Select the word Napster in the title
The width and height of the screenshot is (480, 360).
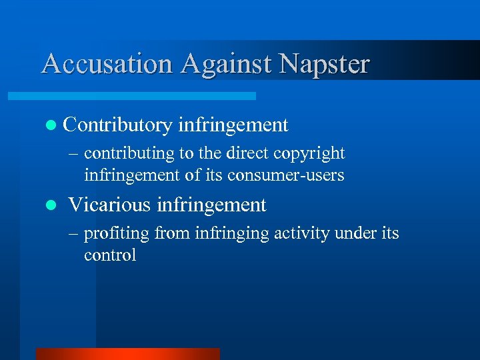324,64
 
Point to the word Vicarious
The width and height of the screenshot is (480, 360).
110,205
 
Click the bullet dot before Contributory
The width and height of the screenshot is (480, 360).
52,125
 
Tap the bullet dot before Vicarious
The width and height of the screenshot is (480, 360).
52,205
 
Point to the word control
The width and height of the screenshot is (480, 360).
110,255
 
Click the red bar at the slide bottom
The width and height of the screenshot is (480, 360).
127,353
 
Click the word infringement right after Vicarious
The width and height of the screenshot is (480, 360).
211,205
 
